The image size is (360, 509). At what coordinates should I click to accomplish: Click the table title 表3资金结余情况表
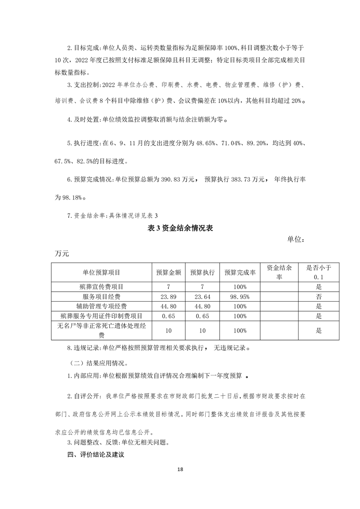(180, 229)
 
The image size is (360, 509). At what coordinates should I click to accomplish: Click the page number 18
(180, 470)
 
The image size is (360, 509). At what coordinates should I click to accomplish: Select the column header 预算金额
(169, 272)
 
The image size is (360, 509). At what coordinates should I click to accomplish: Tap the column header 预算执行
(202, 272)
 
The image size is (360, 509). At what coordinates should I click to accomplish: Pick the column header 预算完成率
(240, 272)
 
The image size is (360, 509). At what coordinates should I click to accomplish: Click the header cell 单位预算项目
(101, 272)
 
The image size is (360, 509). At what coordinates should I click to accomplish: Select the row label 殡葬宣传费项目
(101, 287)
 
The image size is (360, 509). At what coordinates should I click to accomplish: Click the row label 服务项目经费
(101, 297)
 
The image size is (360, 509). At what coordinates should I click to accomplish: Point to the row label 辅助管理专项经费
(101, 306)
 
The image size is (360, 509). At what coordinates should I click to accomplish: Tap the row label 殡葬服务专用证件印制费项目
(101, 316)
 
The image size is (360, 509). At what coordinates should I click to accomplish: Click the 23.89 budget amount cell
(169, 297)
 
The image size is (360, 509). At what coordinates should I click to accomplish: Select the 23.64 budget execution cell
(202, 297)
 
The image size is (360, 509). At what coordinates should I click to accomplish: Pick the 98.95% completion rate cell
(240, 297)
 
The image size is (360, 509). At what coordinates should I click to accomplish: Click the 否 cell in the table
(319, 297)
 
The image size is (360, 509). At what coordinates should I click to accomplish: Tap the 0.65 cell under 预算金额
(169, 316)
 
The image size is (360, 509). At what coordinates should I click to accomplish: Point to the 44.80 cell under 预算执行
(202, 306)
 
